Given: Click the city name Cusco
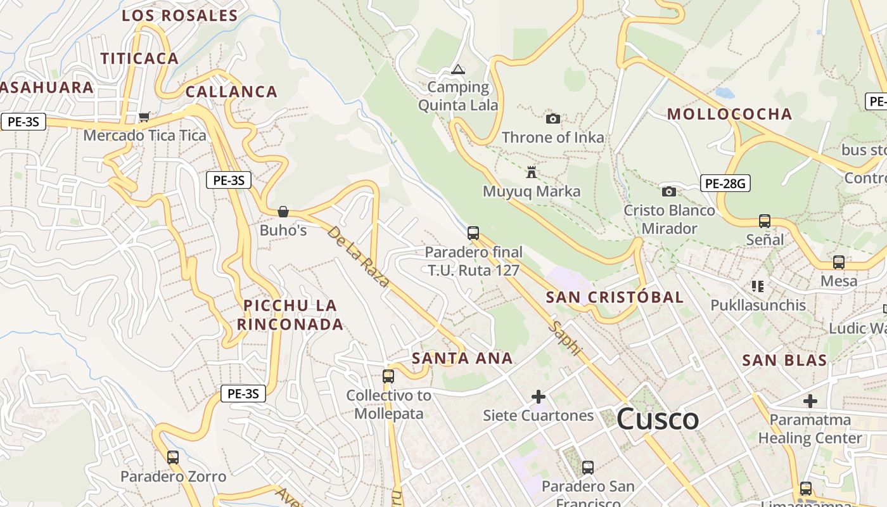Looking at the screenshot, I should pyautogui.click(x=657, y=420).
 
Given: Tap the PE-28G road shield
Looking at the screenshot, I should pyautogui.click(x=725, y=184).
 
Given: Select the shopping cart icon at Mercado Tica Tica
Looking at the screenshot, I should pyautogui.click(x=144, y=117).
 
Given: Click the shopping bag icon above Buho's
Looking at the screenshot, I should pyautogui.click(x=283, y=212).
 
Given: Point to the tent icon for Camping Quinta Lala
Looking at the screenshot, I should pyautogui.click(x=458, y=69).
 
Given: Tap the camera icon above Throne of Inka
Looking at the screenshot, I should pyautogui.click(x=553, y=119).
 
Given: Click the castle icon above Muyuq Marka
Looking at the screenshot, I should pyautogui.click(x=532, y=172).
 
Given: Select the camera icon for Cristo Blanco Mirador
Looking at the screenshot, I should pyautogui.click(x=669, y=191).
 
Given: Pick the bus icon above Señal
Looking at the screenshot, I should pyautogui.click(x=765, y=221).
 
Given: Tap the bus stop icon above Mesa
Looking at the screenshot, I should pyautogui.click(x=839, y=262).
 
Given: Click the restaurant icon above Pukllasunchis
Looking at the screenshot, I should pyautogui.click(x=758, y=286).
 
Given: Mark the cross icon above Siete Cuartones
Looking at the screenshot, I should pyautogui.click(x=539, y=397).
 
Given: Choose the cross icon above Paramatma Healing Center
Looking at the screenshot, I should pyautogui.click(x=810, y=401).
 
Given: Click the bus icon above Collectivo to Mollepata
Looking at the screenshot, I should pyautogui.click(x=388, y=376).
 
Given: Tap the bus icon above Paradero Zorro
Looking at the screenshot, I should pyautogui.click(x=173, y=458).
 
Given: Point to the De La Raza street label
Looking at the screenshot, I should pyautogui.click(x=358, y=256).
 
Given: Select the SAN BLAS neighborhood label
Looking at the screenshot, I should pyautogui.click(x=784, y=361).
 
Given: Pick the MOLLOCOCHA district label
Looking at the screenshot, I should pyautogui.click(x=730, y=114).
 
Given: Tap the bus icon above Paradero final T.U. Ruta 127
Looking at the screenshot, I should pyautogui.click(x=473, y=233).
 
